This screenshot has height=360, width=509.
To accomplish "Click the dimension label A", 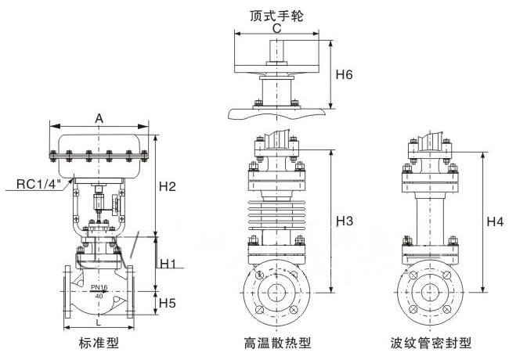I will click(x=99, y=117).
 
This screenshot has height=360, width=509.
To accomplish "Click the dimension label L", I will click(x=98, y=322).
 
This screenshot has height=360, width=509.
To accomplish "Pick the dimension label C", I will click(x=276, y=27).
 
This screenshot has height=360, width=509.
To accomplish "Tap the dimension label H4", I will click(x=495, y=221).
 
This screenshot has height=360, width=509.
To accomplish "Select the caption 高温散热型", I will click(x=276, y=343).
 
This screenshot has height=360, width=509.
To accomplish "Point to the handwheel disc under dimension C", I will click(x=276, y=59).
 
